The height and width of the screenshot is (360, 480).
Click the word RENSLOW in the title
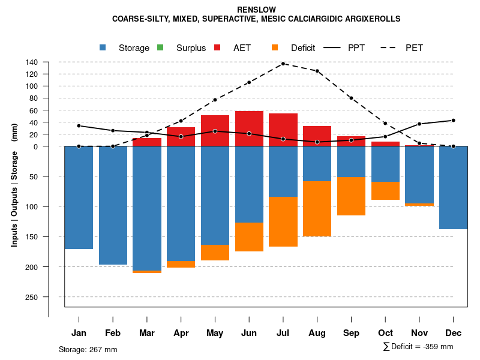tap(256, 10)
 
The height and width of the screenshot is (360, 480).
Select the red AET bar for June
tap(249, 128)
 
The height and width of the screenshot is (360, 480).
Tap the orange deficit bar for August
tap(317, 208)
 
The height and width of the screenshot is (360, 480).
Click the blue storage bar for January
tap(79, 197)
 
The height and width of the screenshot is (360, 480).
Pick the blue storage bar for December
tap(453, 187)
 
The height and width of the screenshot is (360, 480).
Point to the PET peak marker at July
tap(283, 64)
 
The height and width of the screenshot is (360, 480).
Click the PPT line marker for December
tap(453, 120)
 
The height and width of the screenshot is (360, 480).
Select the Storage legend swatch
tap(103, 47)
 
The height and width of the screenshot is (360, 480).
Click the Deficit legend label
tap(302, 48)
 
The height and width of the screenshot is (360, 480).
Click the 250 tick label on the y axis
tap(32, 297)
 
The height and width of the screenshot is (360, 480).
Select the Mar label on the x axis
tap(147, 333)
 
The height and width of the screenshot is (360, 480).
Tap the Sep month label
tap(351, 333)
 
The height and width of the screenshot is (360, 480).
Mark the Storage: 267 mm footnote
tap(88, 349)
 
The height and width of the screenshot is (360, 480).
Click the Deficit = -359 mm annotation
tap(418, 347)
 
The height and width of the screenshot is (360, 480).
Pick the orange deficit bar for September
tap(351, 196)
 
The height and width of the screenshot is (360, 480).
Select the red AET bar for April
tap(181, 136)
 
